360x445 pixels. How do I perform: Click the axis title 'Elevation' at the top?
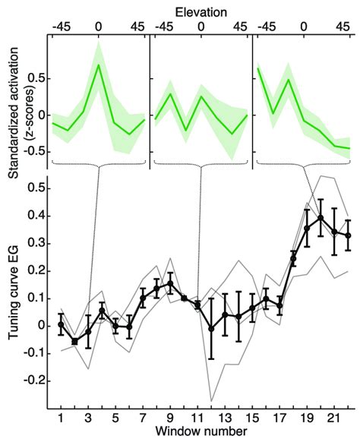[x=201, y=9]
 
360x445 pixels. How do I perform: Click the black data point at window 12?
[x=211, y=328]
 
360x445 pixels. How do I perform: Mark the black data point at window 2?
[x=75, y=341]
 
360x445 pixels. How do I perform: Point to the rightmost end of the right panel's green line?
[x=349, y=148]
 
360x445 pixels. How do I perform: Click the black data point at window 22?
[x=348, y=235]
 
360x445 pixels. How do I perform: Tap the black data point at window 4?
[x=103, y=311]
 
